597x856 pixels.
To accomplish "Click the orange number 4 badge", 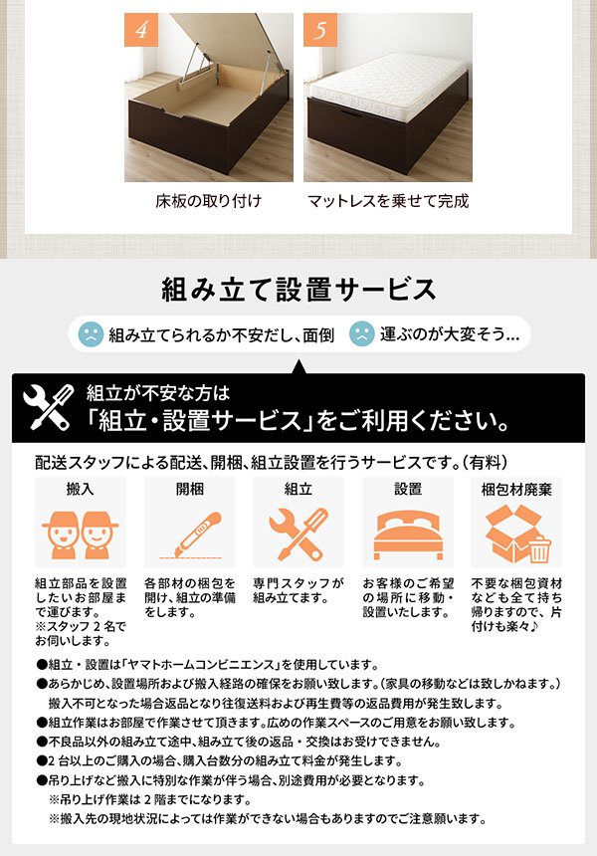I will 141,30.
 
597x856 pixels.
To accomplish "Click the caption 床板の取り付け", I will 209,201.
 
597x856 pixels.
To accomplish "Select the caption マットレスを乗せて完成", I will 388,201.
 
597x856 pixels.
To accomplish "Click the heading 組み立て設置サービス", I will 298,290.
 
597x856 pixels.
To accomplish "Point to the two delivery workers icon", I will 81,535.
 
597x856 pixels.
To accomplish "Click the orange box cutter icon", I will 189,534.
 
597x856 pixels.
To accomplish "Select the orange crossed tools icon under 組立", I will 298,534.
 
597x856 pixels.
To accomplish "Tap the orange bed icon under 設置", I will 408,535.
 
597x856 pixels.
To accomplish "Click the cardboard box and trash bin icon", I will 516,535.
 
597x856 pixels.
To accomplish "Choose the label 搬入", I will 81,490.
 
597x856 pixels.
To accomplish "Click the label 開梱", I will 189,490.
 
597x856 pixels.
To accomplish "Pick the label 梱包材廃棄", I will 516,490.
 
